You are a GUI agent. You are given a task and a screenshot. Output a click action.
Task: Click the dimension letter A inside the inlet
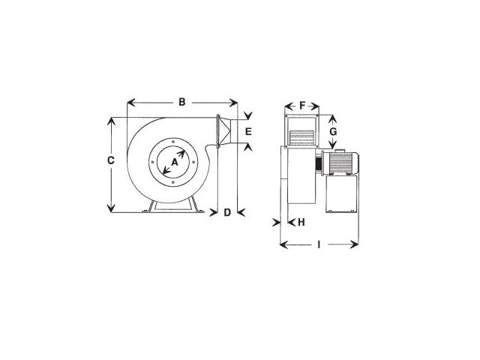click(175, 162)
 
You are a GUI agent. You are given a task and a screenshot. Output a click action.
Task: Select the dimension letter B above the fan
click(182, 102)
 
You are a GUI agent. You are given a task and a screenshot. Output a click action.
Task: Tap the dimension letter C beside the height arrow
click(111, 160)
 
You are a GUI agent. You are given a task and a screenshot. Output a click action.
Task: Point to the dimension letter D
click(227, 212)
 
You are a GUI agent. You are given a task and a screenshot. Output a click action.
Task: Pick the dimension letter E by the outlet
click(248, 132)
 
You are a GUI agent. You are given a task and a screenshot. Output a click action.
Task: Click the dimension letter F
click(302, 106)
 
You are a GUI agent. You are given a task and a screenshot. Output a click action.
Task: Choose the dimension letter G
click(333, 132)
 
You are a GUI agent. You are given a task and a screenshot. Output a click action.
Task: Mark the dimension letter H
click(301, 222)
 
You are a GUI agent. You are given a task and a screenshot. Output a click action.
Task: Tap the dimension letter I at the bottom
click(319, 244)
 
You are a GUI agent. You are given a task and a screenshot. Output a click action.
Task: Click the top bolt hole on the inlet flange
click(173, 142)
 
